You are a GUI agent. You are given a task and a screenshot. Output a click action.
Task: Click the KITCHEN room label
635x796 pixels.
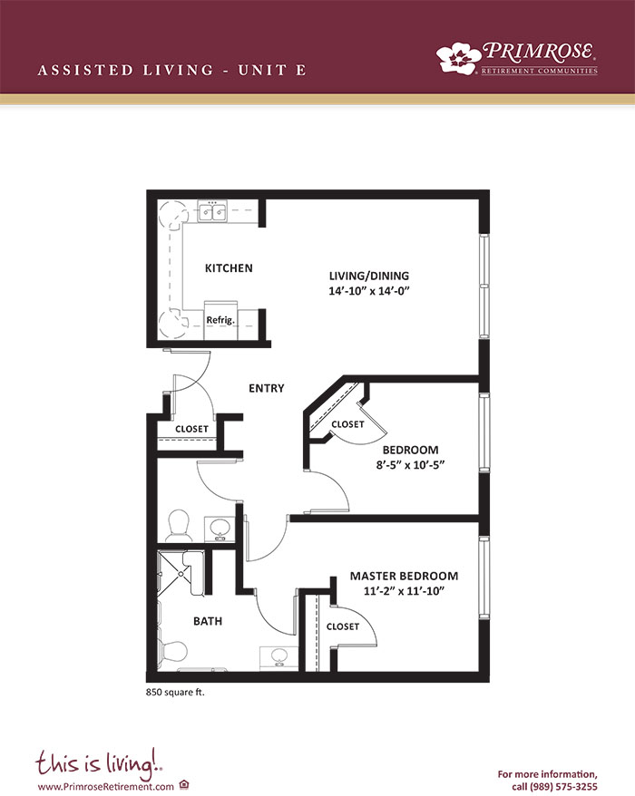coord(229,268)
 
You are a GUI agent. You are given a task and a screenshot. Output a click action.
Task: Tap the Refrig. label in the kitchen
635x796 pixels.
coord(220,320)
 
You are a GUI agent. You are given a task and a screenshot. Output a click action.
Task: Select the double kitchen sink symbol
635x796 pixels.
coord(212,211)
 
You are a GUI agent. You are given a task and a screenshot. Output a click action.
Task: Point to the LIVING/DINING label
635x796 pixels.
coord(369,276)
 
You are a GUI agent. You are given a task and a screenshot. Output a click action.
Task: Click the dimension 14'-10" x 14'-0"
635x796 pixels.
coord(369,291)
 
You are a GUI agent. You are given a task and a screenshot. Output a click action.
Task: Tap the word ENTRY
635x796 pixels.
coord(266,388)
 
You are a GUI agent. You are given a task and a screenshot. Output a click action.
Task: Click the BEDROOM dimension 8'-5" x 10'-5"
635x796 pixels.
coord(410,465)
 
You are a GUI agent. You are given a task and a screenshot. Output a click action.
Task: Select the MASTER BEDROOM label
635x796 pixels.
coord(404,577)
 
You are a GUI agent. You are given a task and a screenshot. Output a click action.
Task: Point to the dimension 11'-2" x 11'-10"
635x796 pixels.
coord(404,591)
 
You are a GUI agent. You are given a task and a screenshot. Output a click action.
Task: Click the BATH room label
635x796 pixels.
coord(208,621)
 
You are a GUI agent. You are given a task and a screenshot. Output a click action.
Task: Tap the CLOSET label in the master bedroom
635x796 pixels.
coord(343,627)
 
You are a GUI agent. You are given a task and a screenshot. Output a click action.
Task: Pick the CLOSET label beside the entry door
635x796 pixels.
coord(191,429)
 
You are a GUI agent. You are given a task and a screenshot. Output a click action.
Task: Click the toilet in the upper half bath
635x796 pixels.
coord(178,526)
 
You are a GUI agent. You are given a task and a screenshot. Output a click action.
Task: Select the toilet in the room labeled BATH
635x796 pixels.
coord(172,652)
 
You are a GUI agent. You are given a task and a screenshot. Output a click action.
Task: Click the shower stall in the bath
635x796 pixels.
coord(181,574)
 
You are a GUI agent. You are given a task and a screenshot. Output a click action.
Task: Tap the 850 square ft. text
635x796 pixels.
coord(175,692)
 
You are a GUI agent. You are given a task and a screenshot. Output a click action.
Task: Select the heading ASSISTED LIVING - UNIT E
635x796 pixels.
coord(171,70)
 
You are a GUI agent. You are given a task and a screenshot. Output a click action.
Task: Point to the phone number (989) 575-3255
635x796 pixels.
coord(564,787)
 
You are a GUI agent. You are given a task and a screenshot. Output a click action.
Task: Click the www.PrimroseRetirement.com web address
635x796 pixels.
coord(105,787)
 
